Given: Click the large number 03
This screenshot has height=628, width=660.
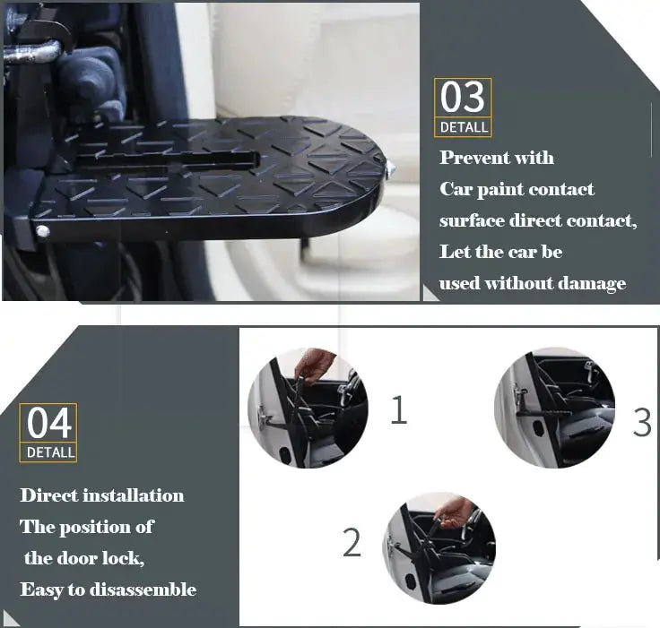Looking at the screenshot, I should [x=463, y=98].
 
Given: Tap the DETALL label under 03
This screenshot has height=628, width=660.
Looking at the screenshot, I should [x=464, y=127].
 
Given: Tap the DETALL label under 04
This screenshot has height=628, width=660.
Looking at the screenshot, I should [x=50, y=452].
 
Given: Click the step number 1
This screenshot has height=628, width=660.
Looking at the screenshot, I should [x=398, y=410].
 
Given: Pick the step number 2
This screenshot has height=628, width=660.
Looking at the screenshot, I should [x=352, y=544].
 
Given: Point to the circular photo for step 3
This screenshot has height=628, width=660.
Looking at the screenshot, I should [x=555, y=409].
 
